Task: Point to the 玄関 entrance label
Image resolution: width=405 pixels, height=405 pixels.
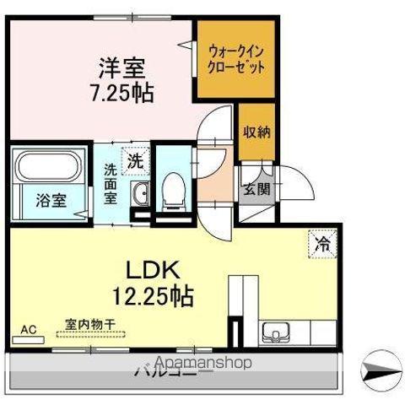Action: tap(257, 188)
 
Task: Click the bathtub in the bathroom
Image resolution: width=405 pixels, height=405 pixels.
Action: tap(48, 166)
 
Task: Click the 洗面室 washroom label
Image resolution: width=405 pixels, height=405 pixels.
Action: tap(111, 181)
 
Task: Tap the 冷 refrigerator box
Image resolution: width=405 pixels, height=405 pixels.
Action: tap(323, 243)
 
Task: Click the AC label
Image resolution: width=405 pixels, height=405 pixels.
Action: tap(28, 329)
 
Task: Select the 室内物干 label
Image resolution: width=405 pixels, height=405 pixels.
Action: tap(90, 323)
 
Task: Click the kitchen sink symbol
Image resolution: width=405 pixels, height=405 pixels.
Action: tap(275, 331)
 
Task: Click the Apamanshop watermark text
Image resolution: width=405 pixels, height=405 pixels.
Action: tap(204, 363)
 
